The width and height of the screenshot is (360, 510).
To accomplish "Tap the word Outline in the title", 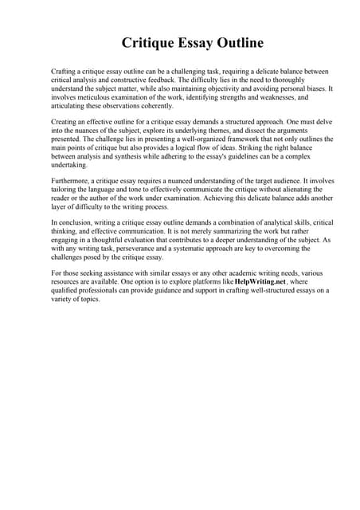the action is pos(233,42).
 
